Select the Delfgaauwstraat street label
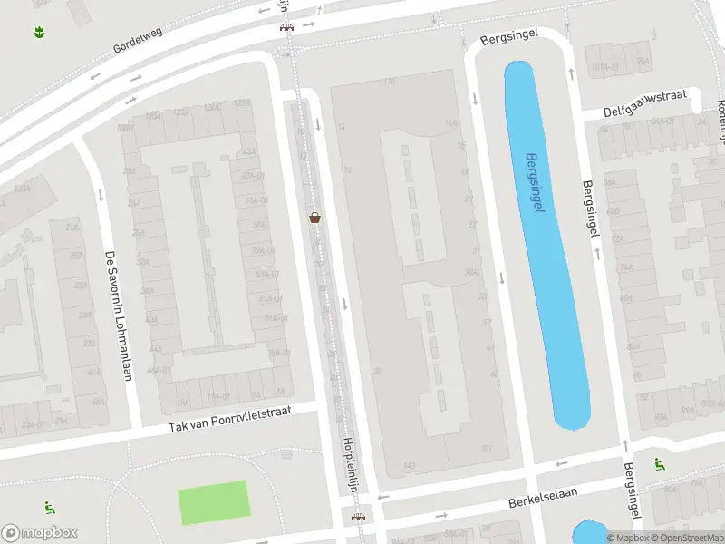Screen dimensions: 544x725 647,103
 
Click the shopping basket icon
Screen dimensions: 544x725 314,217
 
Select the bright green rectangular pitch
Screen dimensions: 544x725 213,502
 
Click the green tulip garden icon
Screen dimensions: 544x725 39,33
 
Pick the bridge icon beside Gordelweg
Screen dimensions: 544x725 287,25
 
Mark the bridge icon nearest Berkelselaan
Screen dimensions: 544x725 358,518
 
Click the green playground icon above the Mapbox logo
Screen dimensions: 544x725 48,508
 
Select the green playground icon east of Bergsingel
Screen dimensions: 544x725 659,464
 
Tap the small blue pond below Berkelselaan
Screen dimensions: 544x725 589,532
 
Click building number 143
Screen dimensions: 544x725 410,466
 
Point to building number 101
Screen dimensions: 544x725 486,448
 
